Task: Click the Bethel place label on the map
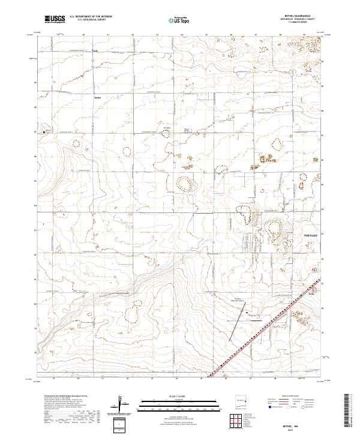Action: pyautogui.click(x=99, y=96)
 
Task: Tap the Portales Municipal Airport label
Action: pyautogui.click(x=240, y=300)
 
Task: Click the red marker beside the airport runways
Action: pyautogui.click(x=247, y=311)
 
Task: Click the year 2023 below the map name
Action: pyautogui.click(x=308, y=428)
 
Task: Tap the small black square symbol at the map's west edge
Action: pyautogui.click(x=44, y=131)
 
